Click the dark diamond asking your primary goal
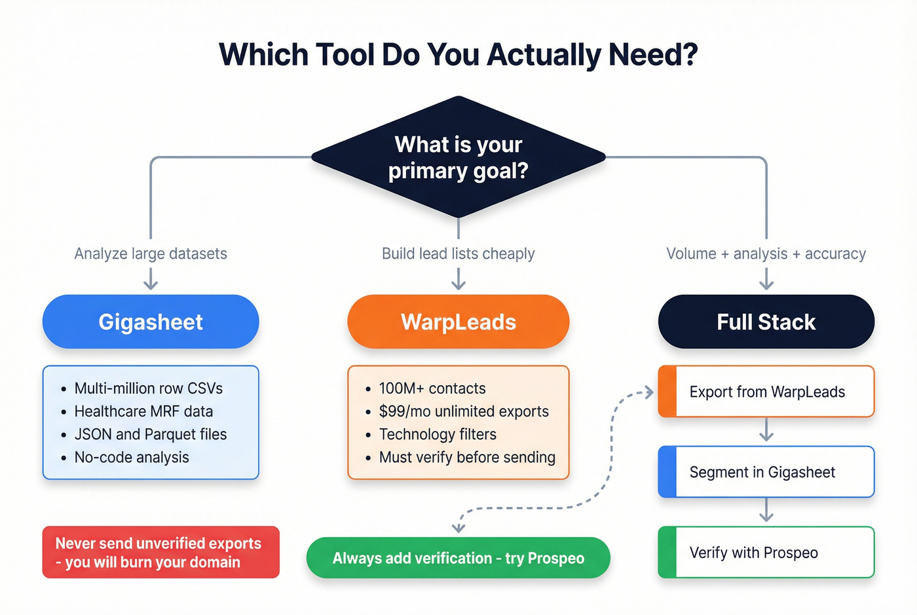pos(458,157)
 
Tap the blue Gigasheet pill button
pos(151,322)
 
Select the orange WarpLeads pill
pos(458,322)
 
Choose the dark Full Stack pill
pos(766,322)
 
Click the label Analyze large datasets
pos(151,253)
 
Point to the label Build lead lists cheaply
pos(458,253)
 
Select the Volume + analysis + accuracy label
pos(766,253)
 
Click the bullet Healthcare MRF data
pos(143,411)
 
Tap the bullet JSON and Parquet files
pos(150,434)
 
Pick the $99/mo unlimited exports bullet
pos(463,411)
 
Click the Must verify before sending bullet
pos(466,457)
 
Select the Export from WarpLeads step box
pos(766,392)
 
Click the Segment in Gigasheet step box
pos(766,472)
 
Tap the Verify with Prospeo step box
pos(766,553)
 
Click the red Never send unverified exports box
pos(160,552)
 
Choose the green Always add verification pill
pos(458,558)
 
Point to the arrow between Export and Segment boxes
pos(766,431)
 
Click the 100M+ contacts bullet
pos(432,388)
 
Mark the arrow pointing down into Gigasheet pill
pos(151,280)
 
